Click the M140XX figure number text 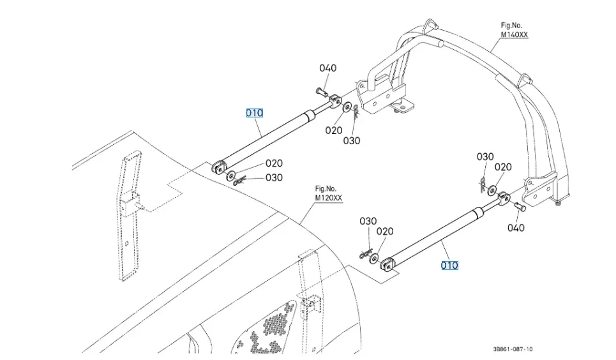[514, 35]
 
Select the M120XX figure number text [328, 199]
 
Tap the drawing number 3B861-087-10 [513, 349]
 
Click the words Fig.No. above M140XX [512, 26]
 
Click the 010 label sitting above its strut [255, 113]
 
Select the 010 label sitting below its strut [450, 265]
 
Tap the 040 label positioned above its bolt [327, 68]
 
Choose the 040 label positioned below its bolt [516, 228]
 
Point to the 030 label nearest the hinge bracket [352, 140]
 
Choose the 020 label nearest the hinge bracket [334, 130]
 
